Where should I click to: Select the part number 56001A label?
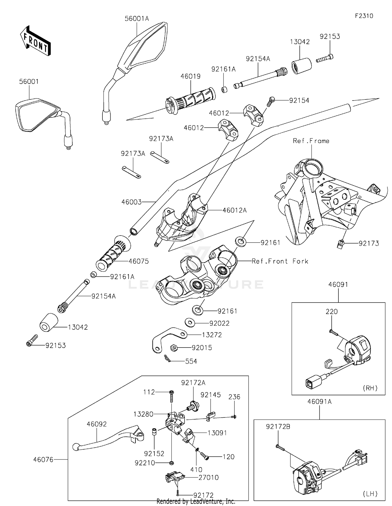pos(137,19)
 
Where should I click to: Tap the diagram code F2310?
pos(364,16)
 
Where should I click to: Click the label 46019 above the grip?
pos(191,77)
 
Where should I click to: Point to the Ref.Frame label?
pos(311,141)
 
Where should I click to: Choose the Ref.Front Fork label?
pos(280,261)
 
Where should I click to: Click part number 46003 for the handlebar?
pos(131,202)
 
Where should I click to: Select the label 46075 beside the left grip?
pos(139,261)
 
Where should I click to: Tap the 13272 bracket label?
pos(212,335)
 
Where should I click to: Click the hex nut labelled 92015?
pos(174,348)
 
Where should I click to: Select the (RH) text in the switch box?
pos(370,388)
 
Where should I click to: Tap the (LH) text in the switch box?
pos(370,494)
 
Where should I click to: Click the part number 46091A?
pos(320,402)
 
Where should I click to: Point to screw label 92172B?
pos(278,427)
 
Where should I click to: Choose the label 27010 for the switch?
pos(209,478)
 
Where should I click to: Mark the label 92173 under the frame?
pos(369,244)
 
